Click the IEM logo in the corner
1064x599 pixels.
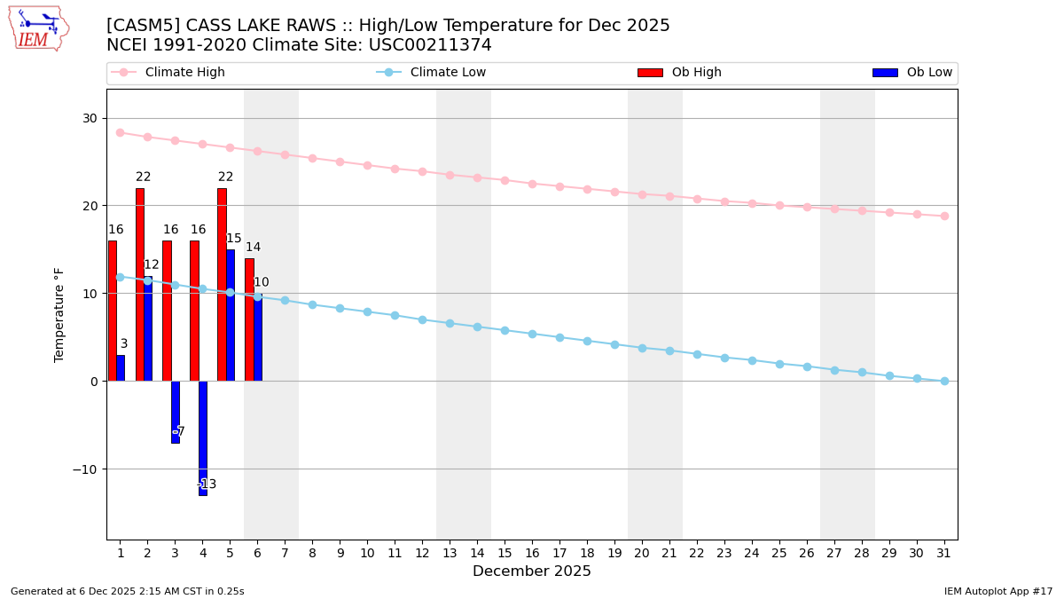coord(38,28)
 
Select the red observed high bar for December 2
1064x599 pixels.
coord(139,284)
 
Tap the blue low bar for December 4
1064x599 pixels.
coord(203,437)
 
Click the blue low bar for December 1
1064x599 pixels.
coord(121,368)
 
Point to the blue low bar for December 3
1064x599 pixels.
coord(176,412)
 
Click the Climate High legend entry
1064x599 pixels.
coord(168,73)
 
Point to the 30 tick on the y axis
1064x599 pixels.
coord(90,118)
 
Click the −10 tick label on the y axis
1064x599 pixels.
coord(85,469)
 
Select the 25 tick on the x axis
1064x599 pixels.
coord(779,553)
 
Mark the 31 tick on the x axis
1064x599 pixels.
coord(944,553)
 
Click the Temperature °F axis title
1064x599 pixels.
coord(59,314)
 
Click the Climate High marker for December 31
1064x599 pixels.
coord(944,216)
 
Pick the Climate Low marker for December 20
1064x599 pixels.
coord(642,348)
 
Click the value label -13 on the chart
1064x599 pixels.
coord(207,485)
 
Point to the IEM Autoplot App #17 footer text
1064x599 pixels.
coord(998,591)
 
